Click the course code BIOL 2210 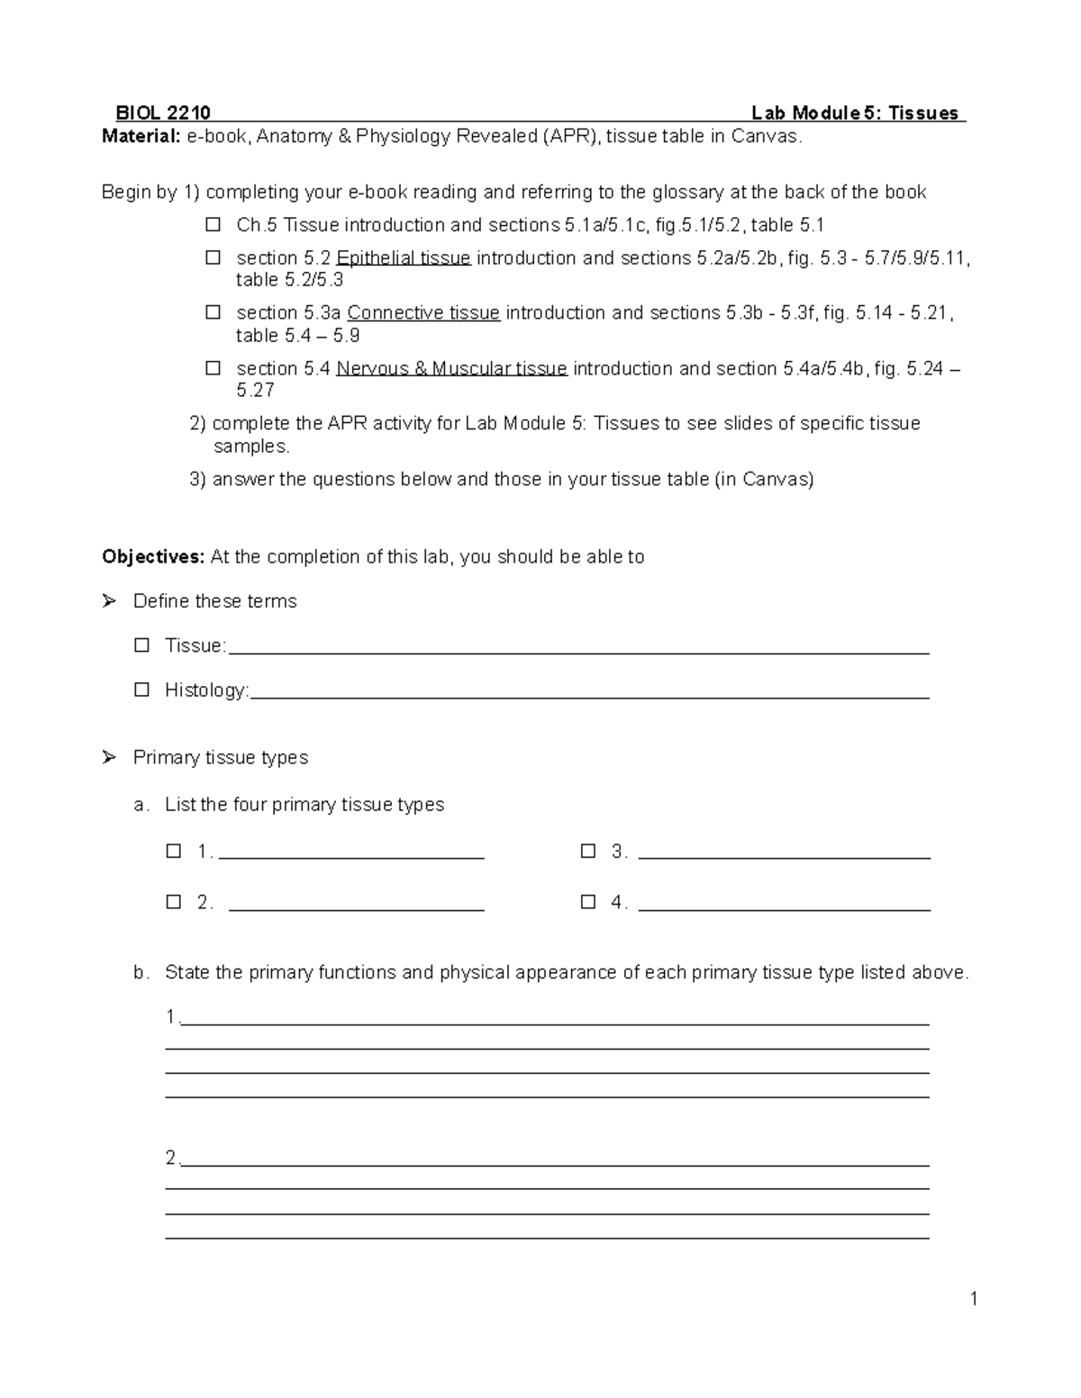click(x=163, y=113)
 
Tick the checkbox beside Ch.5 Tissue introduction click(x=213, y=224)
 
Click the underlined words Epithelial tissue click(x=404, y=258)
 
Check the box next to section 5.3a click(x=213, y=312)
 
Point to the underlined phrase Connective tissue click(x=423, y=313)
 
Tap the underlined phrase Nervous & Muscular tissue click(x=451, y=369)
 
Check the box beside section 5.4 click(x=213, y=368)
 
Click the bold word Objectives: click(x=153, y=557)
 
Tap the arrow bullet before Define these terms click(x=110, y=601)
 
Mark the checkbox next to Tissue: click(x=141, y=645)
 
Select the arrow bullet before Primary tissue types click(x=110, y=758)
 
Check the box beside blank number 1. click(x=174, y=852)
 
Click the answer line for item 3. click(x=784, y=857)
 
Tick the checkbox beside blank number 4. click(x=588, y=902)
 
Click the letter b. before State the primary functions click(x=140, y=973)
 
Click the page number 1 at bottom click(x=974, y=1299)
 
